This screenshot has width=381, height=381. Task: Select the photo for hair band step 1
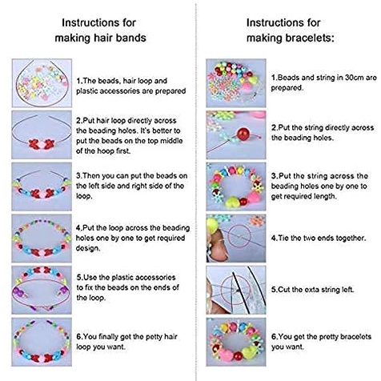42,83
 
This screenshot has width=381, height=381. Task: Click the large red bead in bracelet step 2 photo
243,134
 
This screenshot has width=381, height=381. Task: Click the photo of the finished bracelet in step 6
236,342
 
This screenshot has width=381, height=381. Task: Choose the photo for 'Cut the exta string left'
236,290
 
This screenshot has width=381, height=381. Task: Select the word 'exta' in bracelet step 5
303,290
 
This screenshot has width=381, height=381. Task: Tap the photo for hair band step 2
42,135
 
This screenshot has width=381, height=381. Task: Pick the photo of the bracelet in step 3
236,186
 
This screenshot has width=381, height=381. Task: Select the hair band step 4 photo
42,239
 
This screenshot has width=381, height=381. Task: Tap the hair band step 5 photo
42,290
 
